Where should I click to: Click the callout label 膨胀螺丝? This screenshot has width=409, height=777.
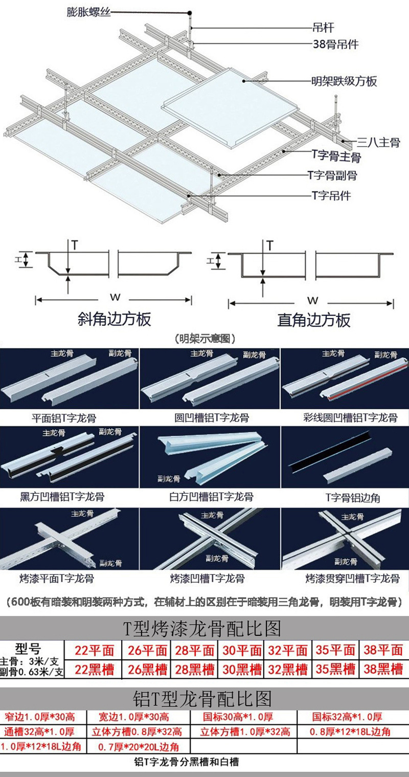tap(88, 11)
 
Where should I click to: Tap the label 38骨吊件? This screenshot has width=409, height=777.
tap(335, 44)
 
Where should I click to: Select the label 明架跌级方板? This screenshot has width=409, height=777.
tap(344, 81)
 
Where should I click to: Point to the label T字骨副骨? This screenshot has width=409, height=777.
tap(332, 175)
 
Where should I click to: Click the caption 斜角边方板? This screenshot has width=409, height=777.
tap(114, 319)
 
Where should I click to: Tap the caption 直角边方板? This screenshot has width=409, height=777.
tap(313, 320)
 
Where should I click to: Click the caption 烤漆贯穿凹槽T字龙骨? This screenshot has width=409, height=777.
tap(352, 579)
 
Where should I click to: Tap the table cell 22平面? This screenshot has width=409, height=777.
tap(94, 650)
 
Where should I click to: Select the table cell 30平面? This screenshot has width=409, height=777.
tap(241, 650)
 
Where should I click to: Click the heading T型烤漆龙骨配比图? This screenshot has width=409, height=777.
tap(202, 627)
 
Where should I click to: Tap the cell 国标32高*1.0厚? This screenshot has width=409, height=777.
tap(347, 717)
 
